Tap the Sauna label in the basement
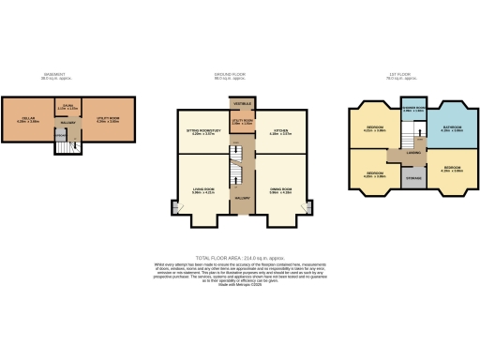point(67,107)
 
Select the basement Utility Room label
point(107,119)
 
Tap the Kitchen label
point(280,132)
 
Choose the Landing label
point(413,153)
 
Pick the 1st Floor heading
point(413,76)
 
